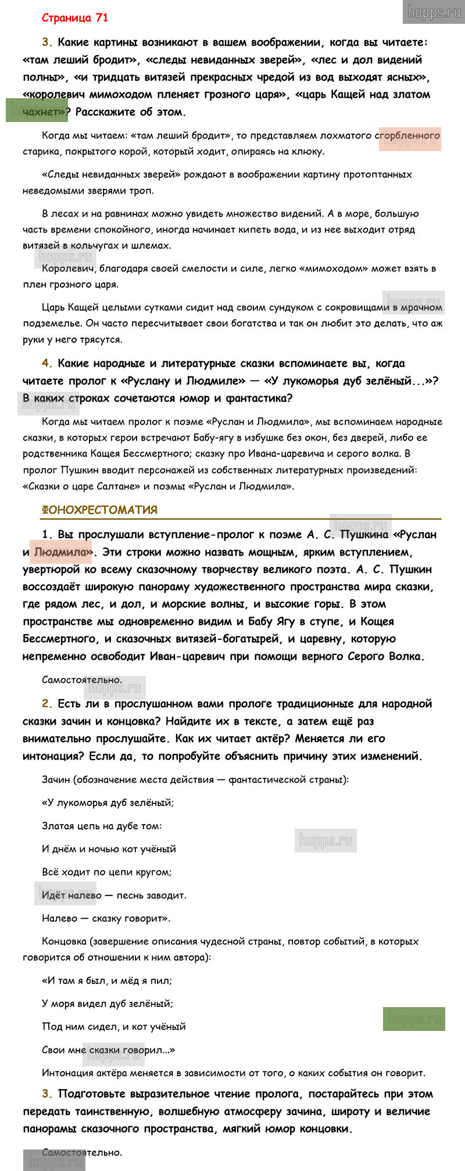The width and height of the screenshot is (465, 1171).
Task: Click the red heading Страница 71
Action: [x=74, y=18]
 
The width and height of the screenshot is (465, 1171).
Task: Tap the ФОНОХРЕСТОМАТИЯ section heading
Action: [x=99, y=510]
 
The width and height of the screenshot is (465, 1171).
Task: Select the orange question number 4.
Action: [x=46, y=364]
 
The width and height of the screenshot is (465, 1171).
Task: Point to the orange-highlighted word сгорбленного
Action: [x=409, y=136]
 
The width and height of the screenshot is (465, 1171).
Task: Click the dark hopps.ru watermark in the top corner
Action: [x=434, y=12]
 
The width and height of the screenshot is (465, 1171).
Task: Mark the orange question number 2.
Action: [x=46, y=704]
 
